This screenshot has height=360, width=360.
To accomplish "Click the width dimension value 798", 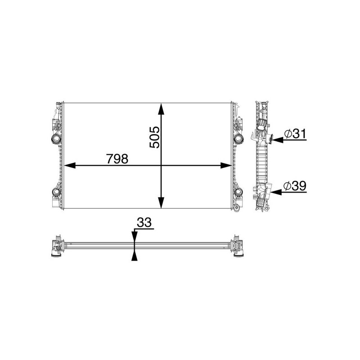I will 117,159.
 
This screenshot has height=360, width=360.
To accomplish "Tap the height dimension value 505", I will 154,137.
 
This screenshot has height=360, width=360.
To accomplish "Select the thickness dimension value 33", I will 144,223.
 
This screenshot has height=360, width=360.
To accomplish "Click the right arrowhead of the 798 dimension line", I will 227,166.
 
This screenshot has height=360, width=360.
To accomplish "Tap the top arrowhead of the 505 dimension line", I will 162,108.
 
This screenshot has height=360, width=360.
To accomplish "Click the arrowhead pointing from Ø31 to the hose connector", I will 275,140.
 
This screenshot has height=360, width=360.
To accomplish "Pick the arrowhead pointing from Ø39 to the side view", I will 275,192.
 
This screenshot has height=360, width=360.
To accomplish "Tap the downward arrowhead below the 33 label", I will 134,238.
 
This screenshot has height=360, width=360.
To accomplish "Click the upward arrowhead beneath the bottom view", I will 134,256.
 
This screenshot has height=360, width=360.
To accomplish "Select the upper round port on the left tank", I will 55,138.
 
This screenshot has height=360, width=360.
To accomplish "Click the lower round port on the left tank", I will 55,193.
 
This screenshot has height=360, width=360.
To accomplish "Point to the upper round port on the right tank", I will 238,138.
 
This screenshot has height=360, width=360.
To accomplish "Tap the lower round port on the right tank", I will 238,193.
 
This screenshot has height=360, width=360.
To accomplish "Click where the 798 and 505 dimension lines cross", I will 162,166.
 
